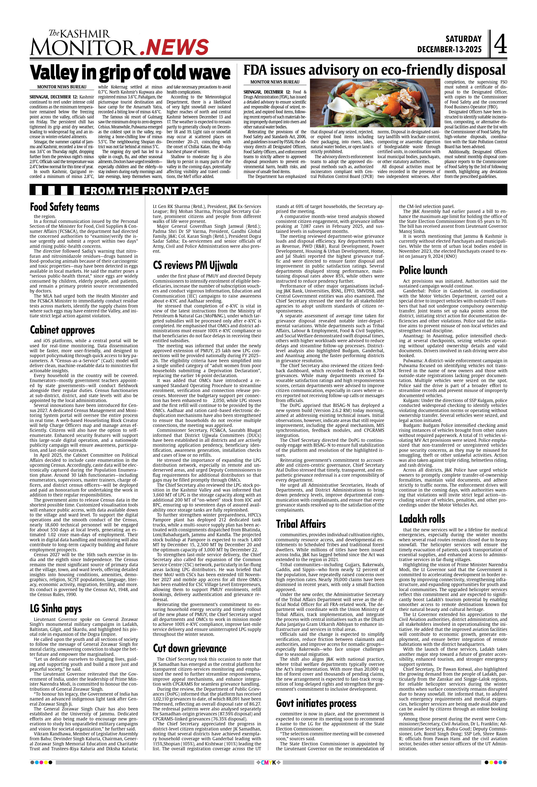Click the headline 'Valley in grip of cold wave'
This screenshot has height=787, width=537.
coord(130,72)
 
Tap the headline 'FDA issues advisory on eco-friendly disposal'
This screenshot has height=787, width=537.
coord(374,70)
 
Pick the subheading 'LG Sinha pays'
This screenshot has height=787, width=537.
coord(56,608)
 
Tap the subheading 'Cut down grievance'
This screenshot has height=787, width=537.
coord(190,648)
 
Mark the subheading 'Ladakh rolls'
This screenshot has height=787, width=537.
coord(422,519)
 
